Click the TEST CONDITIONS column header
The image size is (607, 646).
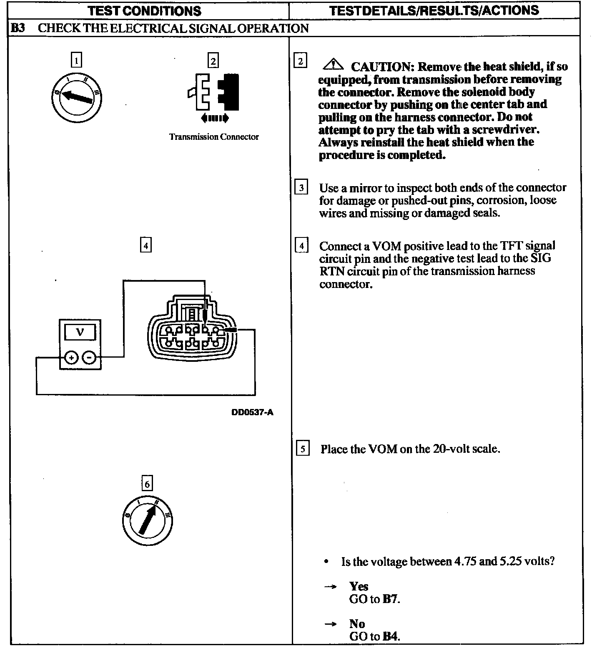click(145, 10)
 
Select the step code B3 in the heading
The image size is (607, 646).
click(18, 28)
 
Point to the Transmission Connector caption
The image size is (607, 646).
click(214, 137)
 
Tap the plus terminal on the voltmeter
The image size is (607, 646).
click(72, 357)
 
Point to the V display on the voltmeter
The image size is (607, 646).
click(80, 332)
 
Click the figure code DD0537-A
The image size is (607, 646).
click(252, 413)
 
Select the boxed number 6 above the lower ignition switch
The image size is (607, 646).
click(147, 484)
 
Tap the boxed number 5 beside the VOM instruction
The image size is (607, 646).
click(303, 449)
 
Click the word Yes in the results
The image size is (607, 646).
click(359, 586)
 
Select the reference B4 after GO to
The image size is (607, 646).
click(391, 636)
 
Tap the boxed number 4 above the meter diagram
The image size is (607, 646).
click(145, 245)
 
